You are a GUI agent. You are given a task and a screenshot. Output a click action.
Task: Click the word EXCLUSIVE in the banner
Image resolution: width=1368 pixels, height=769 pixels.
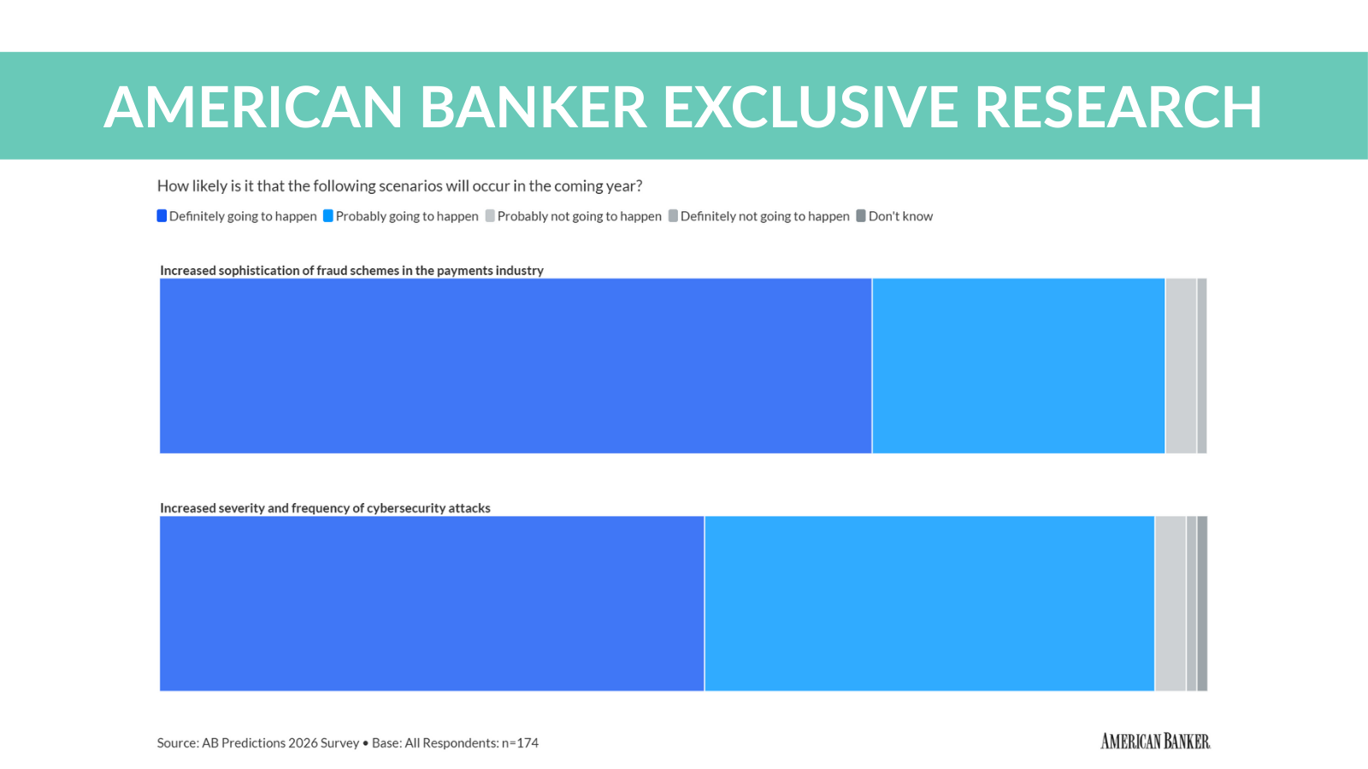(811, 108)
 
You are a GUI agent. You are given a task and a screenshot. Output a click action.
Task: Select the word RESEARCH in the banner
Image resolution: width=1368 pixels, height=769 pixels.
(1117, 108)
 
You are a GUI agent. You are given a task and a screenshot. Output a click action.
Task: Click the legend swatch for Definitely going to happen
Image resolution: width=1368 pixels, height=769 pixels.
(162, 216)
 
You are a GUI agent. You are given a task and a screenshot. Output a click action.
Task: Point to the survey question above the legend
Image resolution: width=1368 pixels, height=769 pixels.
(399, 186)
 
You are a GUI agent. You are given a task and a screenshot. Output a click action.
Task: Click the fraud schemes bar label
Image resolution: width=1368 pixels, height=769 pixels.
(351, 270)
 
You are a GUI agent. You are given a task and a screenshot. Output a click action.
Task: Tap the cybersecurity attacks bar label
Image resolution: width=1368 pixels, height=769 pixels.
(325, 508)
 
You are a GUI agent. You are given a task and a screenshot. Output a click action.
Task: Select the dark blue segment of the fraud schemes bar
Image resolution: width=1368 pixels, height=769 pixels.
(516, 366)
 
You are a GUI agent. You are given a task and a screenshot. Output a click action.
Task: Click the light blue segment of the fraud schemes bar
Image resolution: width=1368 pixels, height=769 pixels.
(1018, 366)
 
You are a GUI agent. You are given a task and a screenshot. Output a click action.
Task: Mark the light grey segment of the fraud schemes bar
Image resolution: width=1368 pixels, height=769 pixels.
(1180, 366)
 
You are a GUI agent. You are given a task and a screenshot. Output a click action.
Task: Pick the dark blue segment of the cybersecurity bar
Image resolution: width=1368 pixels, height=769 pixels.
(432, 603)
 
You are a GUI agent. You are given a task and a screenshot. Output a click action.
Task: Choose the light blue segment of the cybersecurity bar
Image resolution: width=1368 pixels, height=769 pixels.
(929, 603)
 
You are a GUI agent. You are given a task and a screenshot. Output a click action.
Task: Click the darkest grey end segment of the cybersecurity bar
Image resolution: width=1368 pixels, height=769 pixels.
(1202, 603)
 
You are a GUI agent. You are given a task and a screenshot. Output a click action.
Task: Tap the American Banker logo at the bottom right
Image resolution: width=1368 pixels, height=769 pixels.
(1155, 742)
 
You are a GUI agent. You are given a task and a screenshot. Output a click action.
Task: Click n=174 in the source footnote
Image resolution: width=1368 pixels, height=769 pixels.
(520, 743)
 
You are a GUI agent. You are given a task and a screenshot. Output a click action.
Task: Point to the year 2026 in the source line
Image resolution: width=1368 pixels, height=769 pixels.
(303, 743)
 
